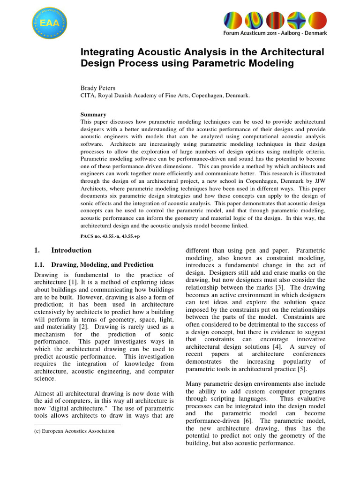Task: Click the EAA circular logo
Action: click(x=49, y=22)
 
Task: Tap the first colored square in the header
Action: click(x=232, y=20)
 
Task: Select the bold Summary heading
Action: click(x=93, y=114)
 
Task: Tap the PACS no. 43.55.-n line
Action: click(x=110, y=236)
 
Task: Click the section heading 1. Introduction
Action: click(x=63, y=250)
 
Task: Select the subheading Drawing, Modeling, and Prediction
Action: click(x=102, y=265)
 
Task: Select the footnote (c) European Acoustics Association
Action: click(x=74, y=431)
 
